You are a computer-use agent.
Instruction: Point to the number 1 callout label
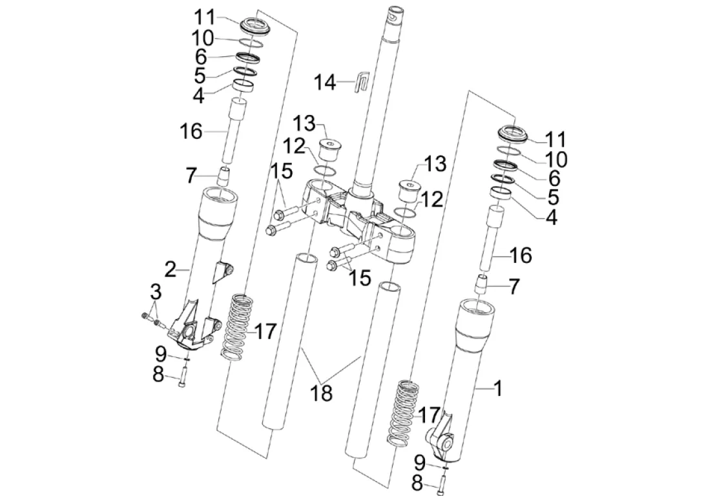(x=497, y=388)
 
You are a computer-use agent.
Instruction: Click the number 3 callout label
(x=155, y=293)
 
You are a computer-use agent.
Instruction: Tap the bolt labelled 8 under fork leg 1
(x=442, y=484)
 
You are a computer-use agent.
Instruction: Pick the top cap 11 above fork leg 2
(x=257, y=27)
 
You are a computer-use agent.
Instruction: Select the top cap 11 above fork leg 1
(x=513, y=134)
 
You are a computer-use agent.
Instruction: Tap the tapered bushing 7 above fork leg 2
(x=225, y=176)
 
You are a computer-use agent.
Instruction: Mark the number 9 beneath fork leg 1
(x=420, y=462)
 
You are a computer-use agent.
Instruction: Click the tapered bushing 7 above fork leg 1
(x=482, y=284)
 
